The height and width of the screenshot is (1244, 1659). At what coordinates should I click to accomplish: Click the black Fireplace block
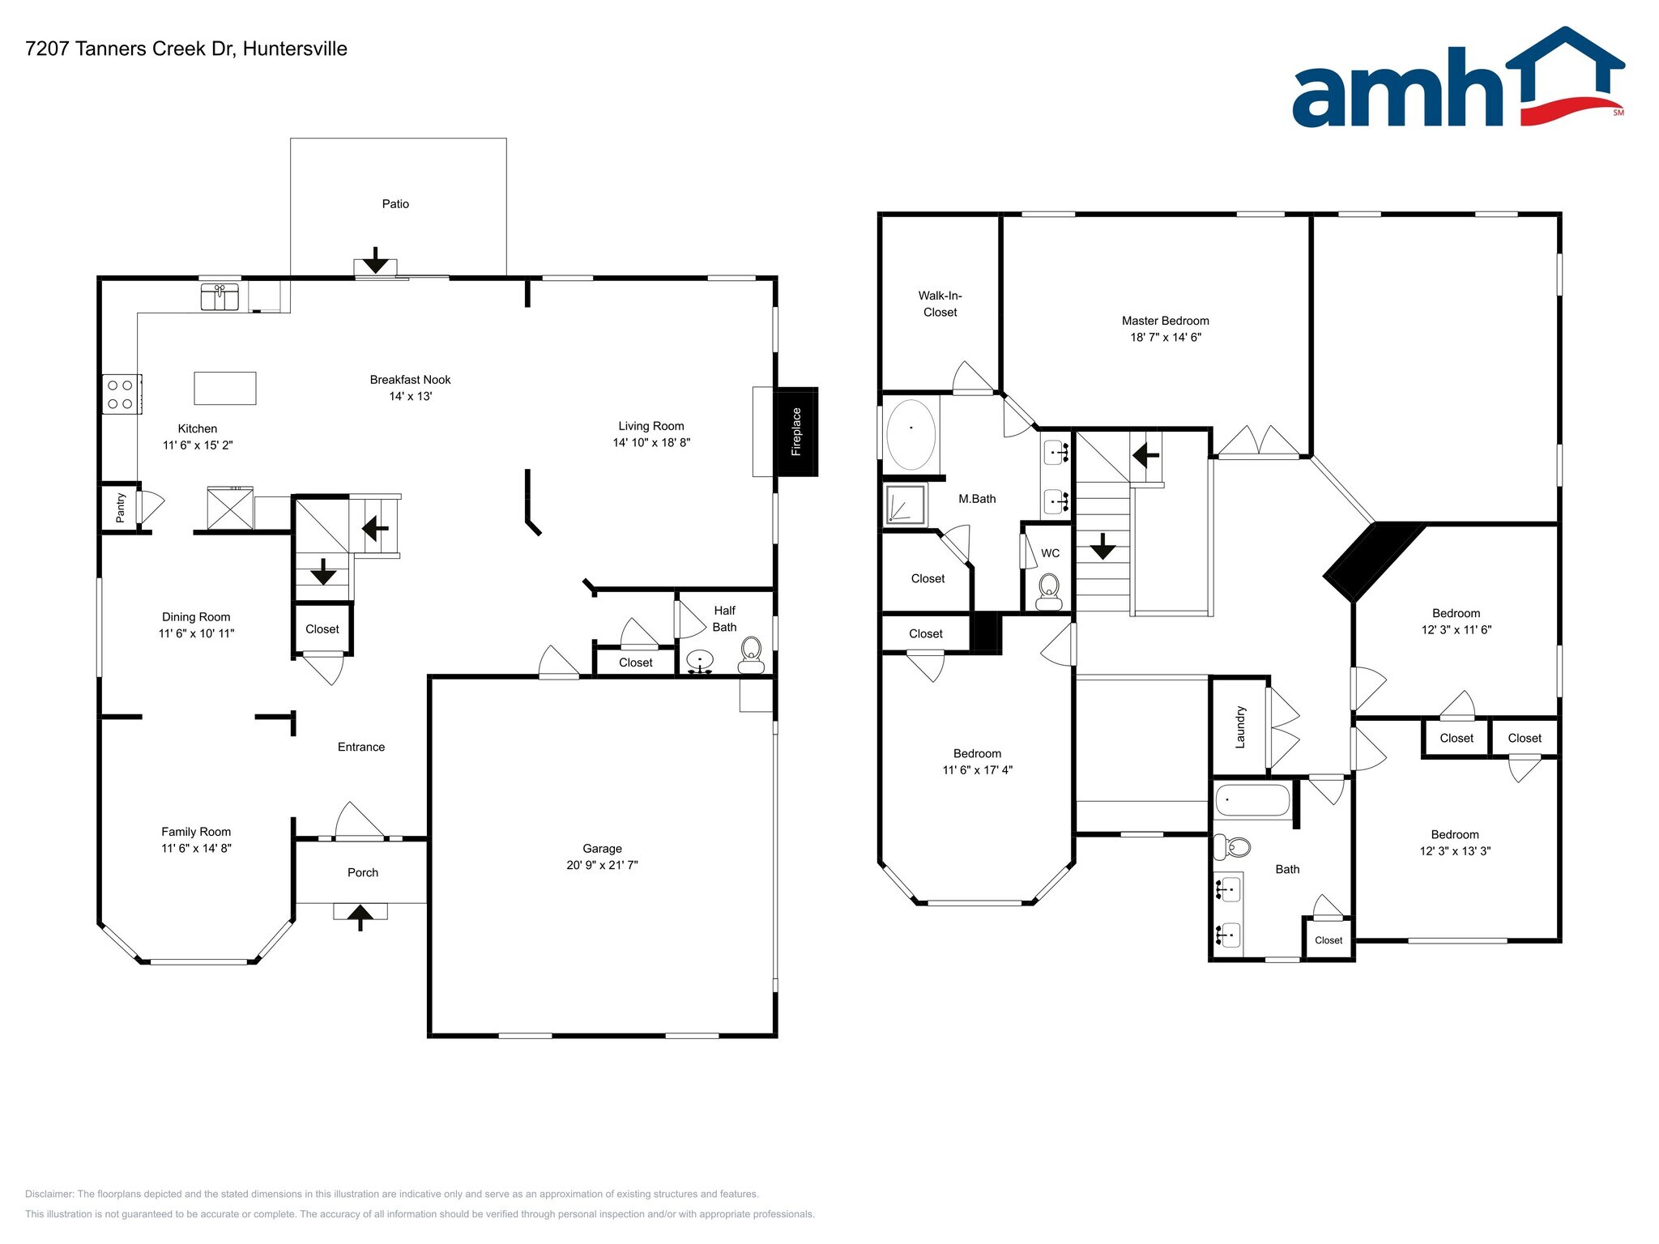pos(796,432)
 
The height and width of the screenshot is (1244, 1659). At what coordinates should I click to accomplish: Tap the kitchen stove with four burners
pos(121,394)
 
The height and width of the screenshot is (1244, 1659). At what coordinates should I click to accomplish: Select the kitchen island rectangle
pos(225,388)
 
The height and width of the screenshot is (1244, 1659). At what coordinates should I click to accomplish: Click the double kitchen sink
pos(220,296)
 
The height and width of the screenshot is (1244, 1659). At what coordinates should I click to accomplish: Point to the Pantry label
pos(121,507)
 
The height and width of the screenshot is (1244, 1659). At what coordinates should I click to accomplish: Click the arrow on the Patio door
pos(375,261)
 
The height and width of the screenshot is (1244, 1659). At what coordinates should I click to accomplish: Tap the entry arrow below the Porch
pos(360,916)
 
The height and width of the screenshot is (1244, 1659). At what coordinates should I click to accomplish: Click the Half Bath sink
pos(700,661)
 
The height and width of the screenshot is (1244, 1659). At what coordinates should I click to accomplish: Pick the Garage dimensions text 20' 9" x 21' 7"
pos(602,865)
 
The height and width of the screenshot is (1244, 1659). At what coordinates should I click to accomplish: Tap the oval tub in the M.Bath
pos(911,434)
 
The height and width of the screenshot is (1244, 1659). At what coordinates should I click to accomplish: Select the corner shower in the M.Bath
pos(905,505)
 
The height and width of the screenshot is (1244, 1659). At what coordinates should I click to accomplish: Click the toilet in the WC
pos(1049,590)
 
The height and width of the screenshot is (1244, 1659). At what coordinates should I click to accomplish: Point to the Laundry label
pos(1239,726)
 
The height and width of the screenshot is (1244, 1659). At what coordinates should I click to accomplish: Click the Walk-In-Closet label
pos(940,304)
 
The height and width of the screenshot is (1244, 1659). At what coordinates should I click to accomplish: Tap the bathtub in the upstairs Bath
pos(1252,800)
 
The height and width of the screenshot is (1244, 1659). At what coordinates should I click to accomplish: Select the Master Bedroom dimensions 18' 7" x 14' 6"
pos(1165,337)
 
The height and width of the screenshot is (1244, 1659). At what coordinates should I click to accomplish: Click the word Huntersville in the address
pos(295,49)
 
